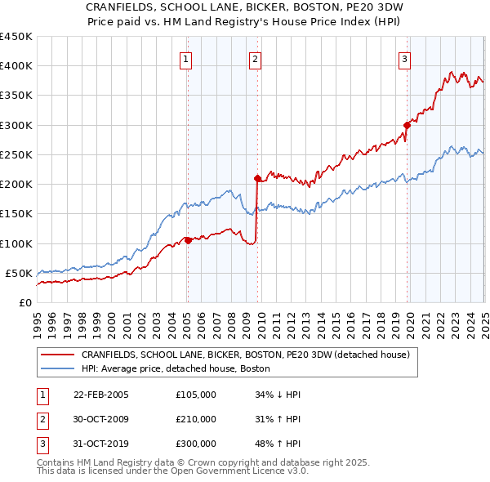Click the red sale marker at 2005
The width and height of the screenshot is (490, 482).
pyautogui.click(x=188, y=240)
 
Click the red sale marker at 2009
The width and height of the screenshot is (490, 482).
pyautogui.click(x=257, y=177)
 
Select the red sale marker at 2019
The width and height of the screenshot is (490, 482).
pyautogui.click(x=406, y=125)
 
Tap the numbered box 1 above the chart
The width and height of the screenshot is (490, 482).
pyautogui.click(x=186, y=59)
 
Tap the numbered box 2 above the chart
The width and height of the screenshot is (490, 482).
pyautogui.click(x=256, y=59)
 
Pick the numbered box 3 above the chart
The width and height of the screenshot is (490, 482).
pyautogui.click(x=404, y=59)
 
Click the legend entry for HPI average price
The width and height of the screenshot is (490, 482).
pyautogui.click(x=180, y=369)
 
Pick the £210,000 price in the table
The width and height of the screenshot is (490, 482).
pyautogui.click(x=196, y=419)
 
